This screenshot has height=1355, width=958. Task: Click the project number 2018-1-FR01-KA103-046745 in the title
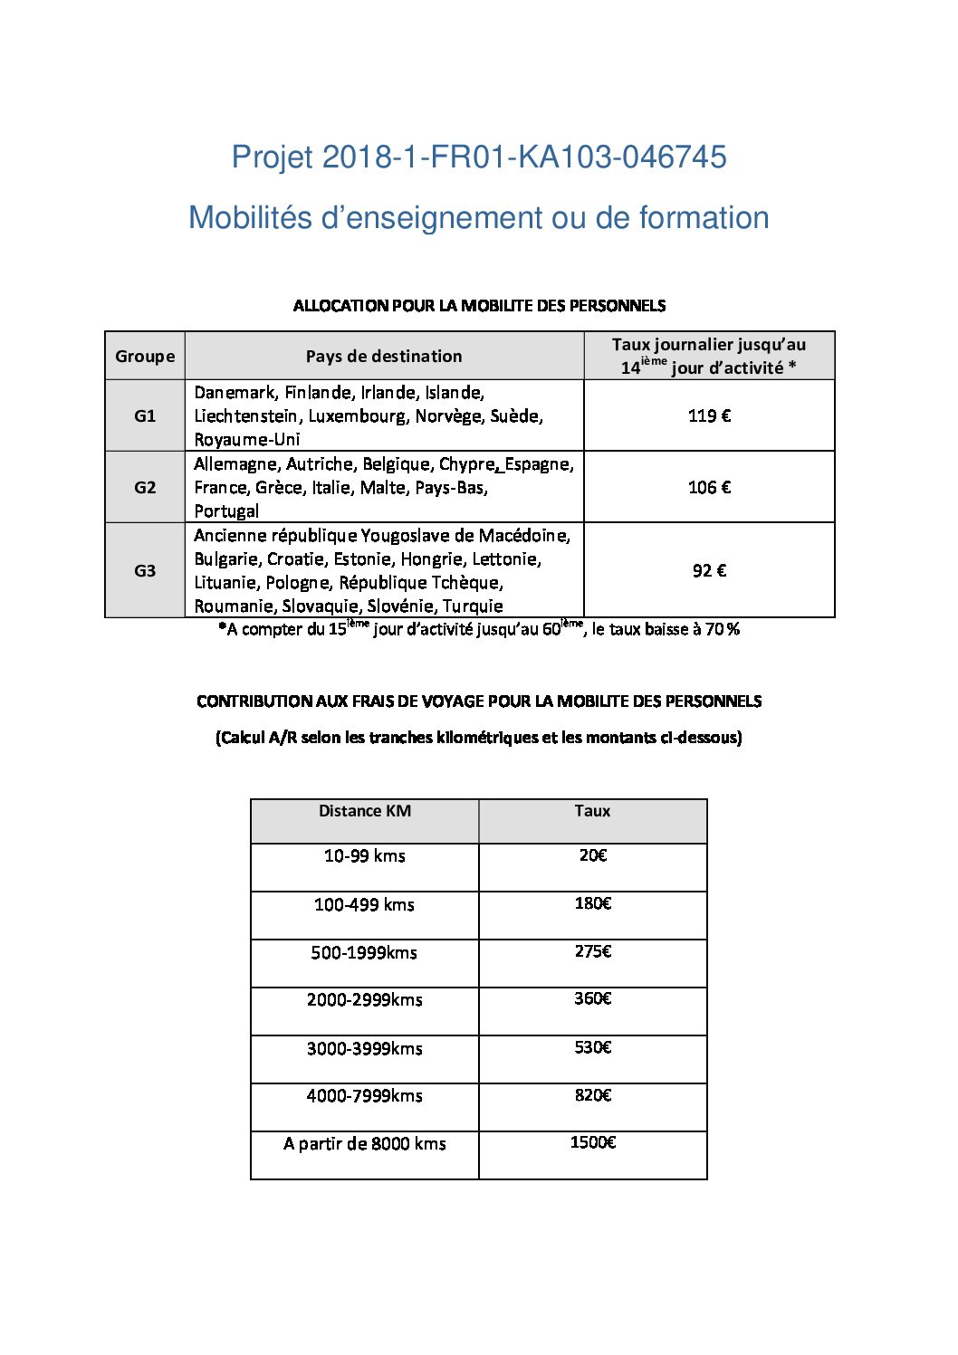pyautogui.click(x=524, y=157)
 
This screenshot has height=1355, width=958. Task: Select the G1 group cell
pyautogui.click(x=145, y=415)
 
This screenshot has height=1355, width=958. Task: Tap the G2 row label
pyautogui.click(x=145, y=487)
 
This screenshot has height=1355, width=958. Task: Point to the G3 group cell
pyautogui.click(x=145, y=570)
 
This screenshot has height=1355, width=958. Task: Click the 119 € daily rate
pyautogui.click(x=709, y=415)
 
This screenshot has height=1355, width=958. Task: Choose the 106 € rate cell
pyautogui.click(x=709, y=487)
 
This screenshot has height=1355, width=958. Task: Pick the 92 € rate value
pyautogui.click(x=709, y=570)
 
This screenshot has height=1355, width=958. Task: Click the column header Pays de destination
pyautogui.click(x=384, y=356)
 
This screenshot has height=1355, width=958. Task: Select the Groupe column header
pyautogui.click(x=145, y=356)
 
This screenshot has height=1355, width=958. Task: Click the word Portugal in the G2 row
pyautogui.click(x=226, y=511)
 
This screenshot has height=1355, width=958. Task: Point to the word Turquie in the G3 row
pyautogui.click(x=473, y=606)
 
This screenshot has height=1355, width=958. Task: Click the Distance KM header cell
pyautogui.click(x=365, y=811)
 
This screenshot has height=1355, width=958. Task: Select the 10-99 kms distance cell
pyautogui.click(x=365, y=856)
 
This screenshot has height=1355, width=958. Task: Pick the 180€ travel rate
pyautogui.click(x=593, y=903)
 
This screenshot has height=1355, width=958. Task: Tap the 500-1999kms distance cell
pyautogui.click(x=364, y=952)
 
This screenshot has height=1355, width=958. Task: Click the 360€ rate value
pyautogui.click(x=593, y=998)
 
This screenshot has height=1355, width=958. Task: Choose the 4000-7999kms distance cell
pyautogui.click(x=365, y=1096)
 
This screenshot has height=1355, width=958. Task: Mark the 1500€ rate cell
pyautogui.click(x=593, y=1143)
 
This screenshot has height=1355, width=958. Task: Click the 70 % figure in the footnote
pyautogui.click(x=723, y=630)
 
